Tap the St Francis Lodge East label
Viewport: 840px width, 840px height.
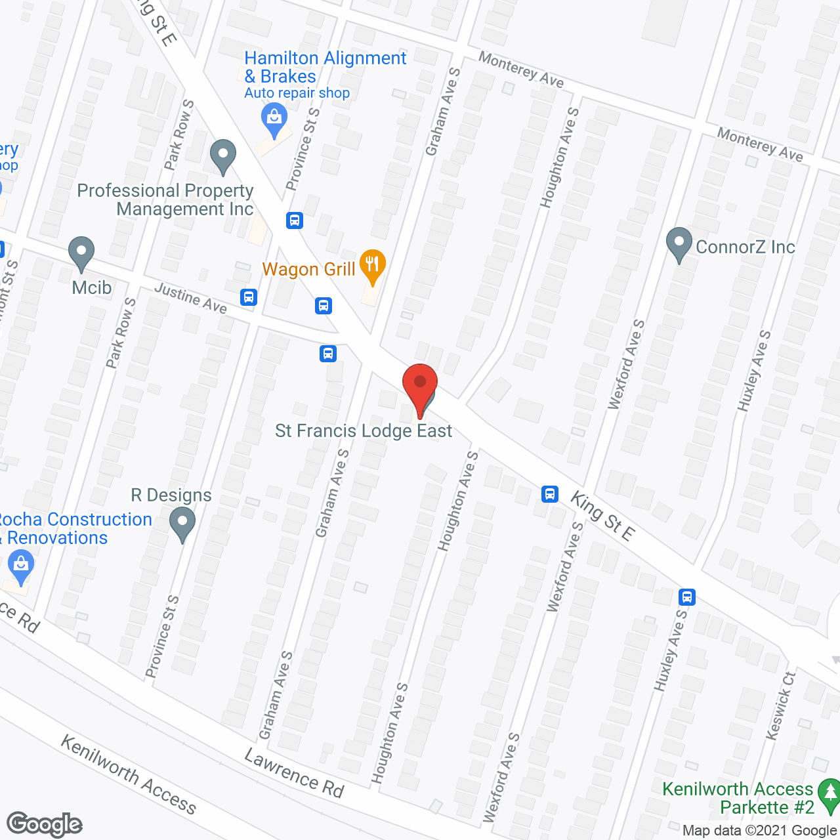click(x=364, y=431)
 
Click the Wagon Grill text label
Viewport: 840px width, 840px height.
click(x=308, y=269)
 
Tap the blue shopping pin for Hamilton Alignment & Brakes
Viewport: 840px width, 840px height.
click(x=274, y=119)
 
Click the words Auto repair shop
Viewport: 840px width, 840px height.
click(x=297, y=93)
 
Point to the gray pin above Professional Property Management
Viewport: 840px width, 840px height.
click(x=223, y=156)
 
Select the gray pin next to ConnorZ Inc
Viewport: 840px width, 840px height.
click(x=679, y=243)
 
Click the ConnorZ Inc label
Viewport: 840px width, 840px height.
click(x=745, y=247)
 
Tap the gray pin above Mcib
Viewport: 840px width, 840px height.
click(x=81, y=253)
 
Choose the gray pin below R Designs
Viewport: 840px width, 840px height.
click(x=182, y=524)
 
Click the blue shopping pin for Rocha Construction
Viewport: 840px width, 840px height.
click(x=21, y=566)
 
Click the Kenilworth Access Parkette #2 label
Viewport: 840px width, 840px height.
click(x=738, y=798)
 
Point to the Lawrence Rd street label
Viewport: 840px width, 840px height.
click(x=294, y=774)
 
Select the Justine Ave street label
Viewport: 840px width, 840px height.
click(x=190, y=298)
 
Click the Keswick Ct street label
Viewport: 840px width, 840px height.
click(x=780, y=705)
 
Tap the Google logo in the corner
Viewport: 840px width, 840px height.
click(x=45, y=824)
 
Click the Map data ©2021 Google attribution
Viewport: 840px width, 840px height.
click(x=760, y=831)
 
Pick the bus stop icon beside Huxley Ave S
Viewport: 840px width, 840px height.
click(x=687, y=597)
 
